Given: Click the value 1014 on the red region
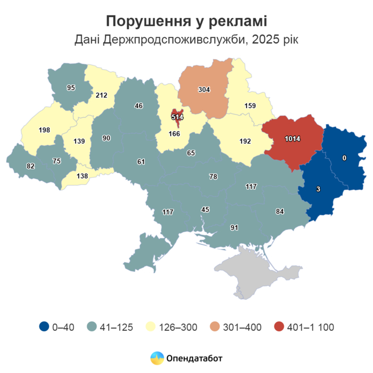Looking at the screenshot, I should [x=292, y=139].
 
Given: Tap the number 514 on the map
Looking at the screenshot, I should [x=177, y=116].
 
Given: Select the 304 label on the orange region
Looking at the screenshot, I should [x=204, y=90].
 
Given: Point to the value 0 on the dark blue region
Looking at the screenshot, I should [x=344, y=158].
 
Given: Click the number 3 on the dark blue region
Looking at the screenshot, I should [x=318, y=189].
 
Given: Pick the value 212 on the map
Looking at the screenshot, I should [x=101, y=95].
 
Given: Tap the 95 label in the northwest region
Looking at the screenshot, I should [x=71, y=87].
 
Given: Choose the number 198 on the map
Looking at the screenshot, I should [x=44, y=129].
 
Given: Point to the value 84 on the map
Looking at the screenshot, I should [x=279, y=211].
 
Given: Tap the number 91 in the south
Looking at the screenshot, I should [x=234, y=228].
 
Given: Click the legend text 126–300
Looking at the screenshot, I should [x=177, y=327].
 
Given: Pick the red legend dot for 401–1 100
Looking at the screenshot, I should [x=278, y=327].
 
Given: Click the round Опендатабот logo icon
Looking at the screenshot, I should [x=157, y=358].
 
